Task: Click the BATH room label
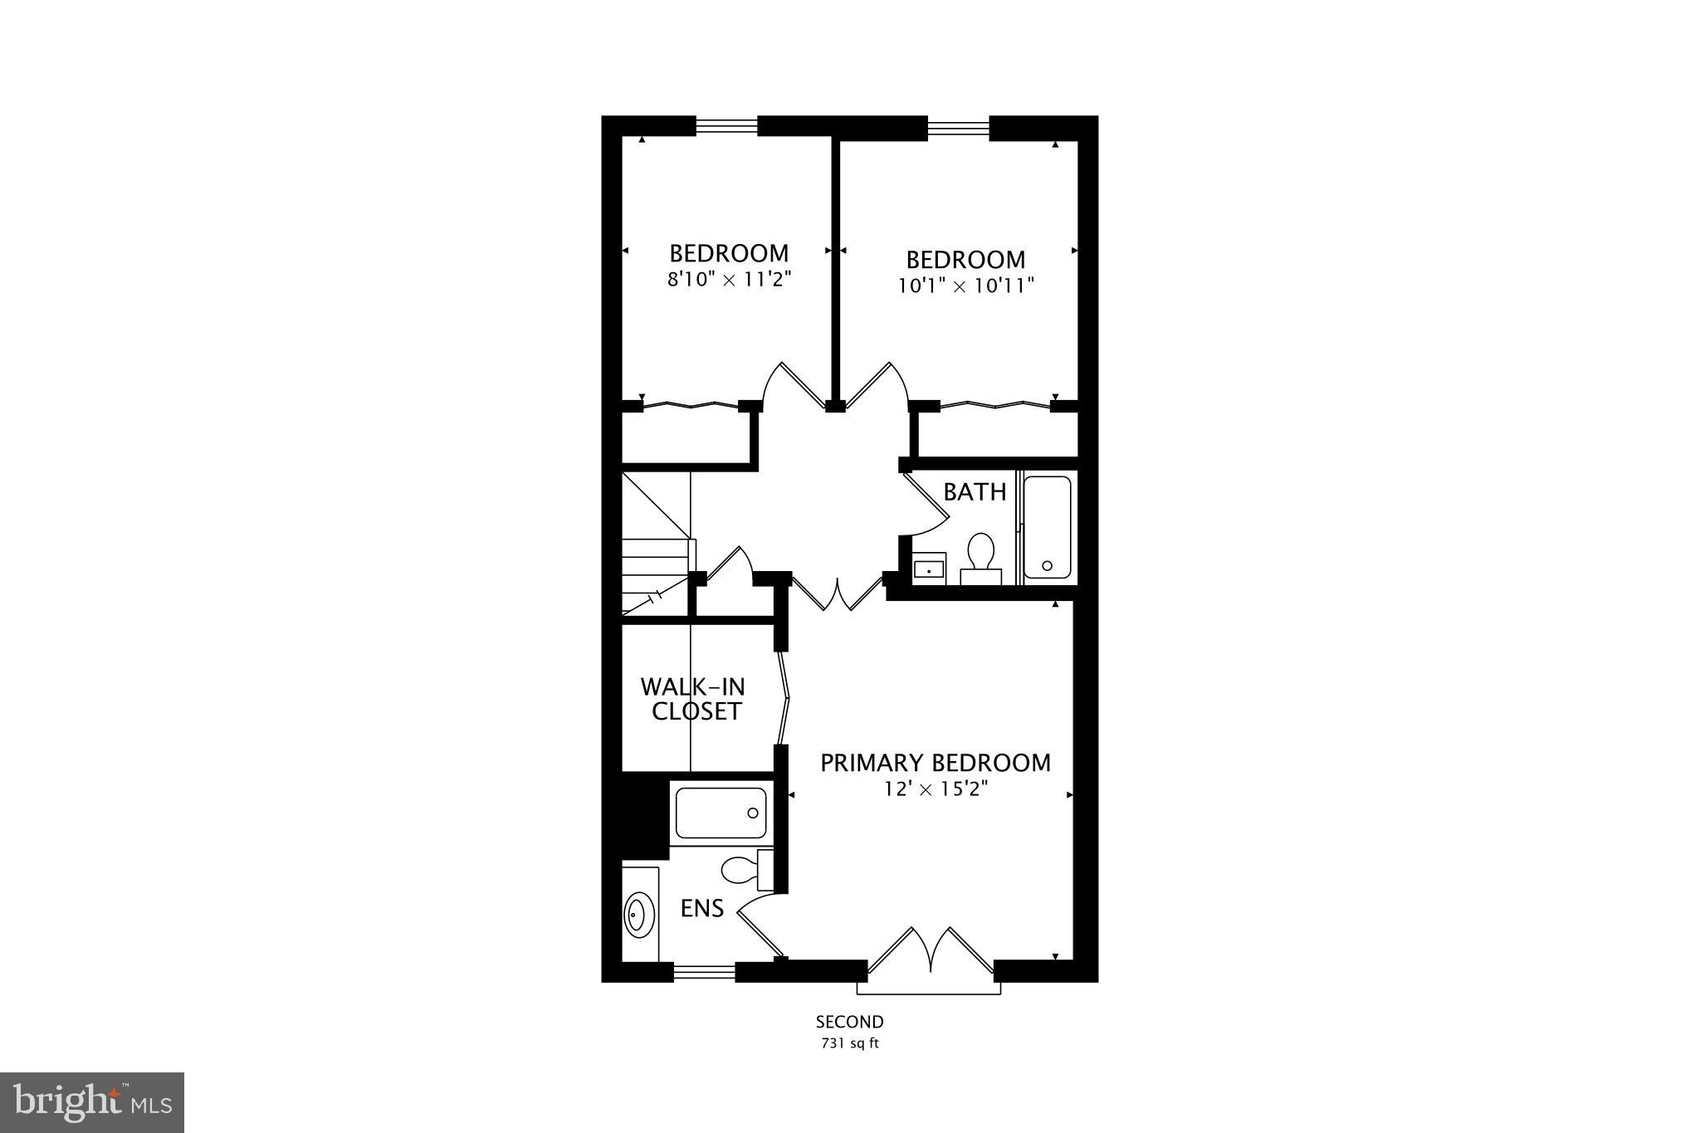click(975, 492)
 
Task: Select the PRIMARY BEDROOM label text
click(935, 763)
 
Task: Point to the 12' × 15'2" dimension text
click(935, 789)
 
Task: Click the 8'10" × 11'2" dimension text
click(729, 280)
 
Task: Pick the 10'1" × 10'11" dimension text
click(965, 286)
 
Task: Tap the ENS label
click(702, 909)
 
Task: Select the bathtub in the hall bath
click(1047, 526)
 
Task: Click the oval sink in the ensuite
click(637, 915)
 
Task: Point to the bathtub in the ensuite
click(721, 813)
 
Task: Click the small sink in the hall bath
click(929, 569)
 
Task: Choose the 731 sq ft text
click(849, 1044)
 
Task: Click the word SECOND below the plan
click(849, 1023)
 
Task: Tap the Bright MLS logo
click(92, 1102)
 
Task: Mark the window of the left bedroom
click(726, 126)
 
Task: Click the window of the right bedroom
click(958, 127)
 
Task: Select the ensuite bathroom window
click(704, 971)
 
